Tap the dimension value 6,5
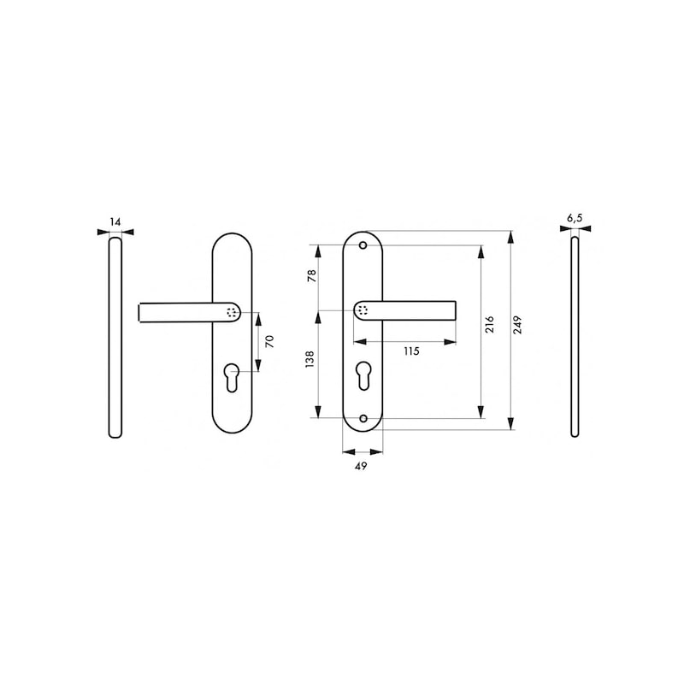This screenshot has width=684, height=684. click(575, 218)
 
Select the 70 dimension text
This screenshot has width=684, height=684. click(269, 340)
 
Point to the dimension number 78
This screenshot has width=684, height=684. click(311, 275)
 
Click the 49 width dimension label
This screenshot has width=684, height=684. click(362, 467)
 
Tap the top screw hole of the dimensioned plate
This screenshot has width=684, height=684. click(362, 245)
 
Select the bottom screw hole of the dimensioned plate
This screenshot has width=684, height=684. click(362, 419)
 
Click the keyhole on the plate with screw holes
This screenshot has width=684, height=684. click(362, 375)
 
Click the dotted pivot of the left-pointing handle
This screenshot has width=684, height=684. click(232, 312)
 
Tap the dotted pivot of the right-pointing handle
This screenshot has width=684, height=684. click(363, 310)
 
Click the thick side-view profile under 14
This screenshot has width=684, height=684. click(115, 333)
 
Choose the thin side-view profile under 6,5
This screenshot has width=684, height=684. click(575, 333)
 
